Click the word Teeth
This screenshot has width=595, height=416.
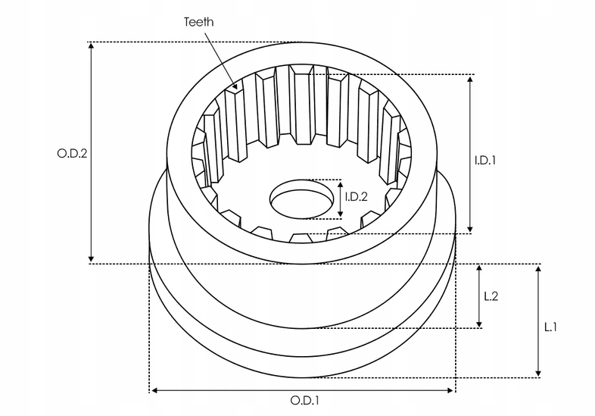[x=198, y=22]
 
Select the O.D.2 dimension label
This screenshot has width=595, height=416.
[x=72, y=154]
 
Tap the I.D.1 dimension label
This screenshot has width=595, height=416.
[x=485, y=161]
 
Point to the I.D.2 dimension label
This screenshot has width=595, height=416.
[x=357, y=196]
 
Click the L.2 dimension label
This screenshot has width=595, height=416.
[x=491, y=296]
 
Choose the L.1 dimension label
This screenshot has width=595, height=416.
[x=550, y=327]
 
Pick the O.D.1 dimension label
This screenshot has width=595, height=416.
[x=305, y=400]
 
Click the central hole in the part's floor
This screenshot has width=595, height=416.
[x=302, y=199]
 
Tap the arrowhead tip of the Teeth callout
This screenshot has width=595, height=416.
[x=237, y=89]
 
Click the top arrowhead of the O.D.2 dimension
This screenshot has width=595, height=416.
[x=91, y=43]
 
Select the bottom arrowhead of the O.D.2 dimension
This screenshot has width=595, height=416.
[x=91, y=261]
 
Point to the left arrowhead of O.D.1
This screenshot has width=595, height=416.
[x=151, y=390]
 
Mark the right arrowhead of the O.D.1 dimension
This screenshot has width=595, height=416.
[x=453, y=390]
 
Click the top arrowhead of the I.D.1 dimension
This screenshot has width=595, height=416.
[x=470, y=76]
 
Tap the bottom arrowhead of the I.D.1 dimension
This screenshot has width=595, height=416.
[x=470, y=232]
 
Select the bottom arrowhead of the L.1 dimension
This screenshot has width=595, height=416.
[x=538, y=377]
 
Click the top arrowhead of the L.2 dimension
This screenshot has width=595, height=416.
[x=479, y=265]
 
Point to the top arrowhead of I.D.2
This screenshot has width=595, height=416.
[x=341, y=182]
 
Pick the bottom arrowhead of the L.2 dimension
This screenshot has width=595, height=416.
[x=479, y=327]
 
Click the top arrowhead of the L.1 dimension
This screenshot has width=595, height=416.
[x=538, y=266]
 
